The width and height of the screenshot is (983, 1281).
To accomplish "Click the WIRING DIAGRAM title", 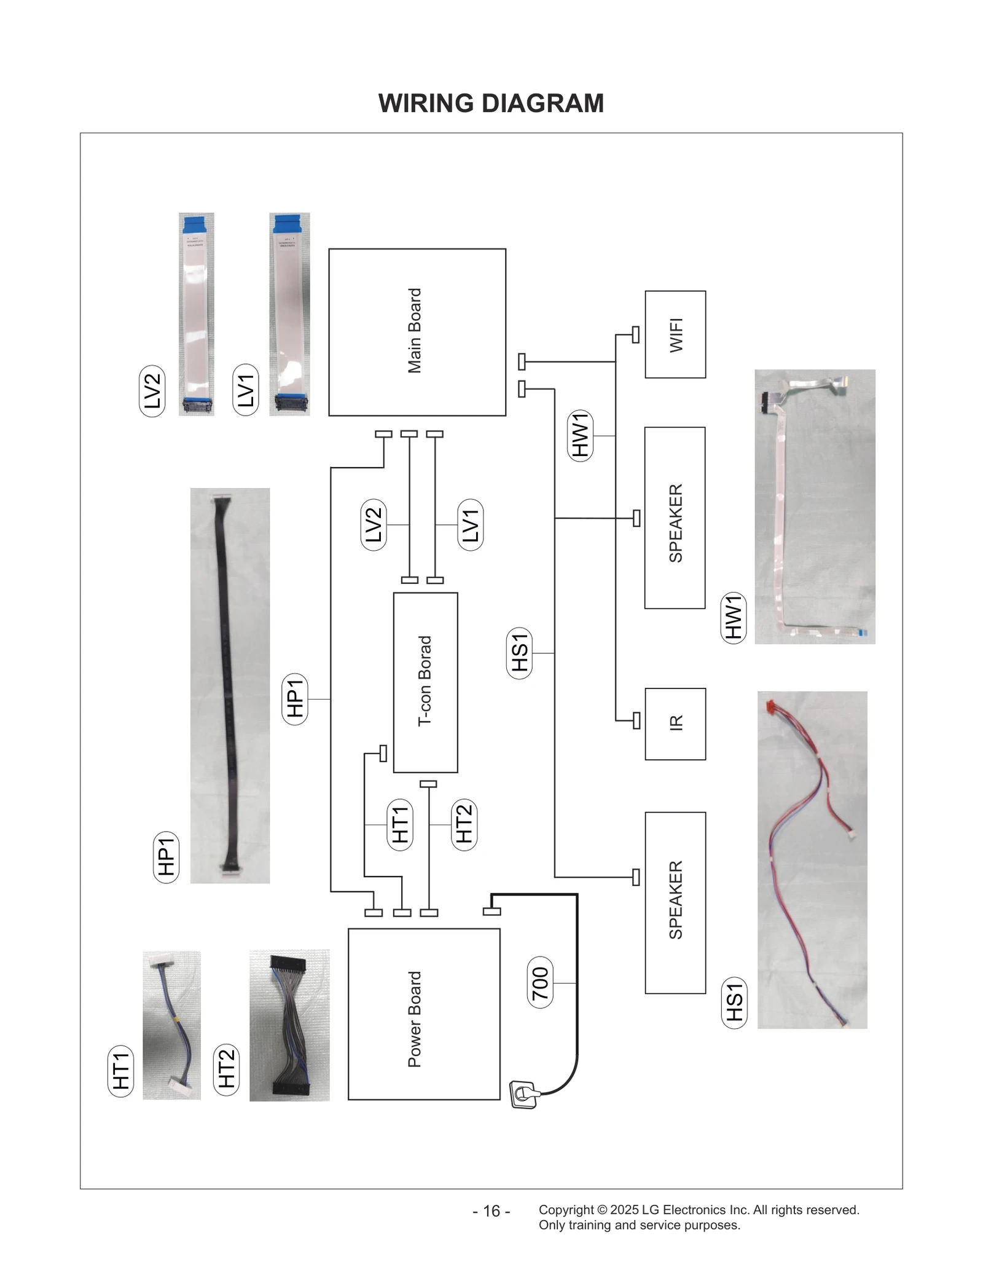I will (491, 103).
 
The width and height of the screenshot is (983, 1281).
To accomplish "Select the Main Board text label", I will (415, 331).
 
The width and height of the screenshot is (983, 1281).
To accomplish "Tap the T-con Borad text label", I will (425, 681).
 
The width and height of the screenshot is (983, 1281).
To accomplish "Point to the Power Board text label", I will (415, 1019).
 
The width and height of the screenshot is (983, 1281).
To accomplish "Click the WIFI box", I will (675, 334).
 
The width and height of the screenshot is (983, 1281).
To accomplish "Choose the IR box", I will (675, 723).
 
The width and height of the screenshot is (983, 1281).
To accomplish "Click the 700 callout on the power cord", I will (540, 983).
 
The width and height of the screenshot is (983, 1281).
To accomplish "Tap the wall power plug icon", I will (523, 1095).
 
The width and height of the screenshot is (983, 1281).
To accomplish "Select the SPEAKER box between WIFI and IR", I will (675, 518).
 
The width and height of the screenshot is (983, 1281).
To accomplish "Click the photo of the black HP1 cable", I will (230, 685).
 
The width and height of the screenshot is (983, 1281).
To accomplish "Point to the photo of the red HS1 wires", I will (812, 861).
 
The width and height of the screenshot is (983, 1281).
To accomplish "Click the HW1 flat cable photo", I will (814, 506).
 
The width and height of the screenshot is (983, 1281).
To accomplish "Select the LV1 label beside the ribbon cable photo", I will (246, 390).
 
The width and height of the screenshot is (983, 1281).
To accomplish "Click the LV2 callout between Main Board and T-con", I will (374, 524).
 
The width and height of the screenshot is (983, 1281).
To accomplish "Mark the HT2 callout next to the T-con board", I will (464, 824).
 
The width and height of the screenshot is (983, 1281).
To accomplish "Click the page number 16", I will (491, 1211).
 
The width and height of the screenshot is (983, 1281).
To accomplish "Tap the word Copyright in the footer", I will (566, 1210).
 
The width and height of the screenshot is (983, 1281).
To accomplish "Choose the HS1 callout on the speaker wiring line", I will (520, 653).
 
